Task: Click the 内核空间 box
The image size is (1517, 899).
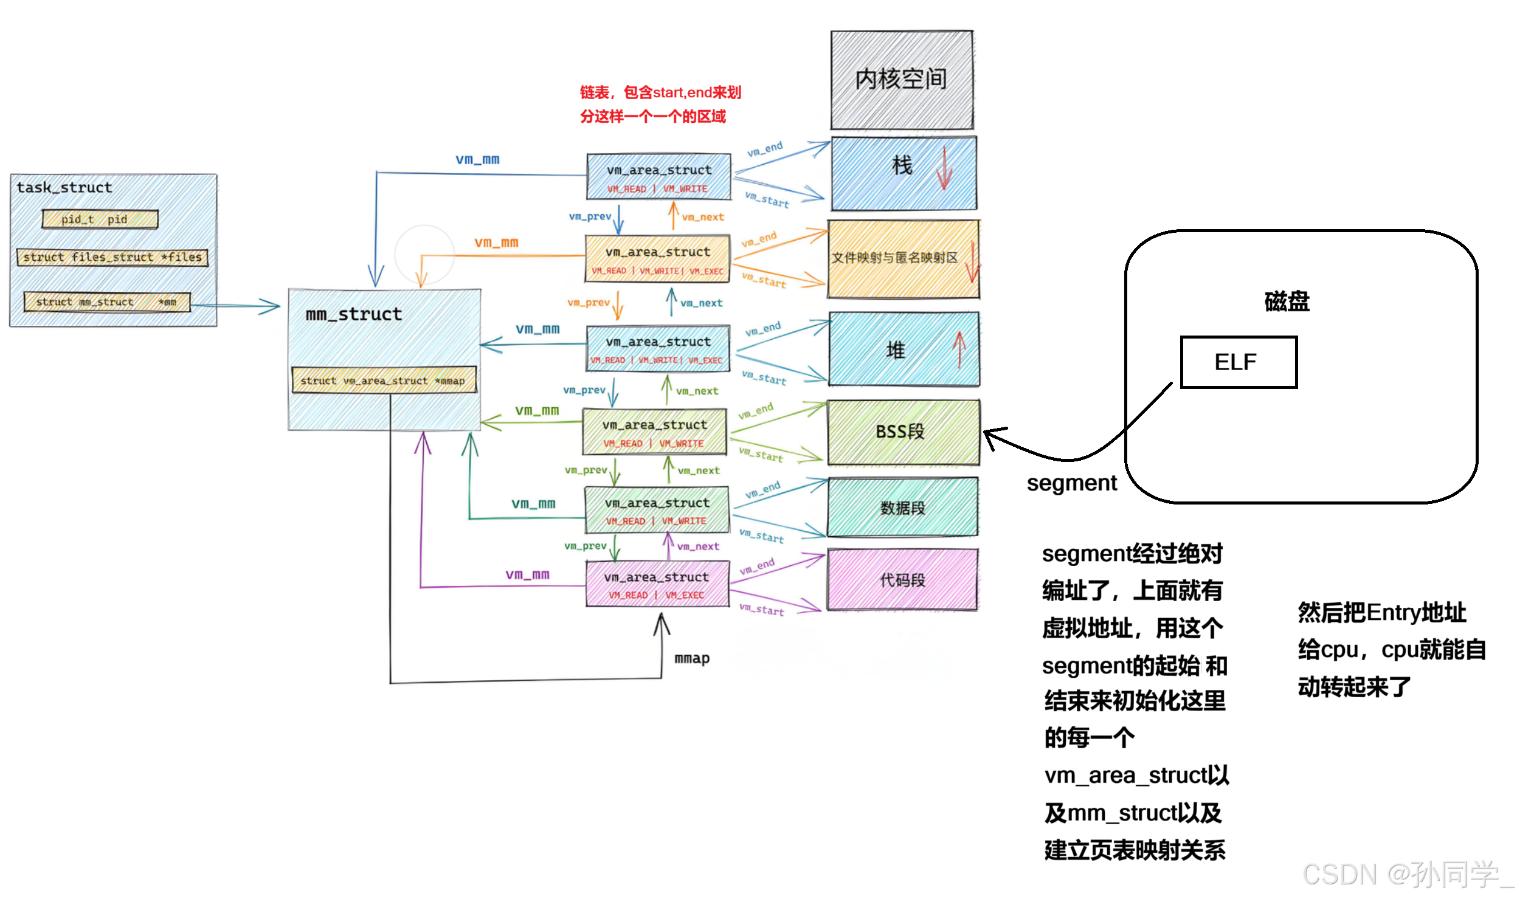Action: tap(902, 80)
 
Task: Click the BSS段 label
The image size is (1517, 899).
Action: tap(900, 432)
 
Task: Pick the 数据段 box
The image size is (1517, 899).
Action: tap(903, 508)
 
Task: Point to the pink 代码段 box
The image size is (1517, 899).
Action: tap(903, 580)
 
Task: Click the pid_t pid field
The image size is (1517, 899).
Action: tap(100, 219)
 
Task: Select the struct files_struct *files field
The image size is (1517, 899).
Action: tap(112, 258)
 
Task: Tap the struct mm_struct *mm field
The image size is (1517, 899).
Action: tap(106, 302)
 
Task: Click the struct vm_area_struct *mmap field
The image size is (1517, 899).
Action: tap(383, 381)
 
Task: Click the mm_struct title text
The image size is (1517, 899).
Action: tap(353, 315)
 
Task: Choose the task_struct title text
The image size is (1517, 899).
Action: tap(64, 188)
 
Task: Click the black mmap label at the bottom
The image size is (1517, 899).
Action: tap(692, 658)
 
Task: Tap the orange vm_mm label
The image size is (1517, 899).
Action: tap(496, 243)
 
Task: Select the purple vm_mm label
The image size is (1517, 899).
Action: tap(527, 574)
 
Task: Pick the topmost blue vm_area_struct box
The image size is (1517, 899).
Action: tap(658, 177)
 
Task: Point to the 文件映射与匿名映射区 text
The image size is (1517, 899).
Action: tap(894, 258)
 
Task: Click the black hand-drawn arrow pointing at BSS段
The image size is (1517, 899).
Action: tap(997, 437)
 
